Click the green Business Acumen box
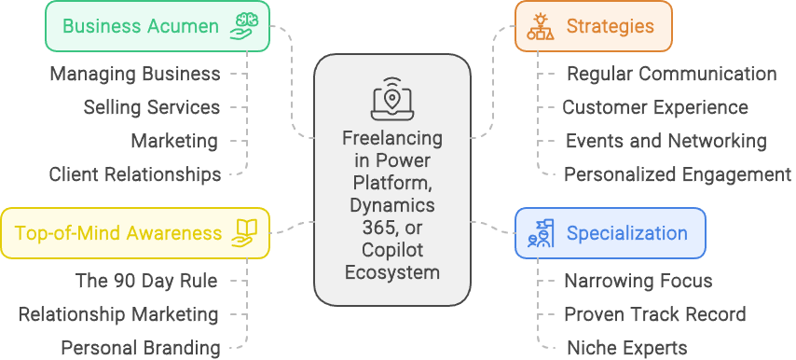(158, 26)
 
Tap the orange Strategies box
(594, 26)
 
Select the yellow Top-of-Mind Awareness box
(135, 233)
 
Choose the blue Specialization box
(611, 233)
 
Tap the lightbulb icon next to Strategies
(541, 26)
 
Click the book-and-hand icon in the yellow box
(243, 233)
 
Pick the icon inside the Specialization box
(541, 233)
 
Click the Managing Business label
(135, 74)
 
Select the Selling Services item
(152, 107)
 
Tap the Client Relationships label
(135, 174)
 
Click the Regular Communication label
(672, 74)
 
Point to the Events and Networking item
(666, 141)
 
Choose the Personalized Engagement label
(678, 174)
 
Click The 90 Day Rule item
(146, 281)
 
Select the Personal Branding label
(141, 348)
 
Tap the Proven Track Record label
(655, 315)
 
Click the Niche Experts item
(627, 348)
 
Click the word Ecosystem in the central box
(392, 272)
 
